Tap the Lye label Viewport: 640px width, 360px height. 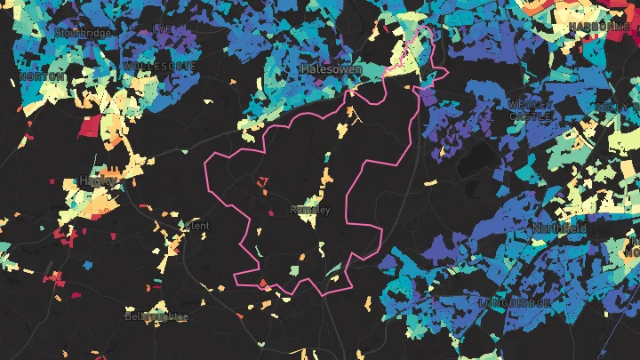click(163, 28)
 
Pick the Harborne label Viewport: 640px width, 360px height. click(599, 27)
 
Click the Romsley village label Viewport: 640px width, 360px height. click(310, 211)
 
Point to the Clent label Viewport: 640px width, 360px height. click(196, 226)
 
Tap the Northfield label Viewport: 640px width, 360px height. click(560, 228)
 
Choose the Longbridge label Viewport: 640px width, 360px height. click(515, 303)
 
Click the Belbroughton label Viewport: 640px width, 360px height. click(156, 316)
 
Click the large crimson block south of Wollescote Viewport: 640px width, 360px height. click(90, 127)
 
